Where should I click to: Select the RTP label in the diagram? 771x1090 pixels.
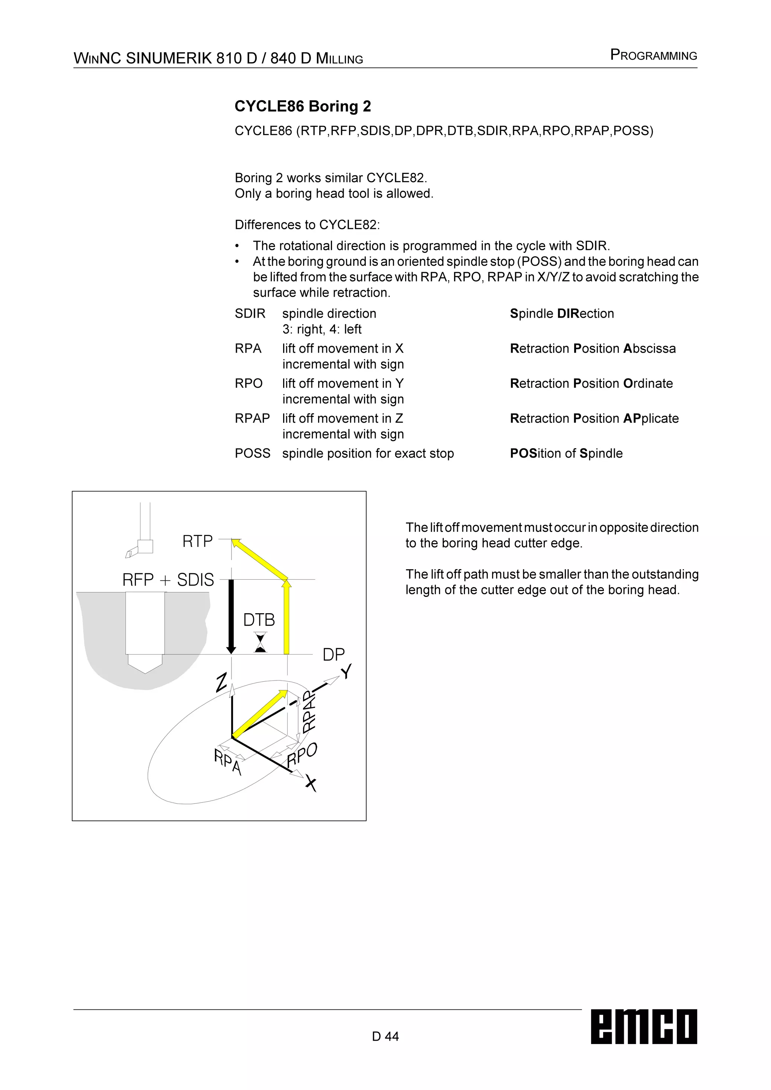198,541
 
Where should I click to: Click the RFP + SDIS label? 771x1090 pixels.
168,580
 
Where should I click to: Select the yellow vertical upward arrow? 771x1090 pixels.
286,617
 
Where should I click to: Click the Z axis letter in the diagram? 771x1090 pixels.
221,683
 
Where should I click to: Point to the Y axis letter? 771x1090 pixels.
347,672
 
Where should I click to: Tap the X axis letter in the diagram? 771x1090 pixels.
311,783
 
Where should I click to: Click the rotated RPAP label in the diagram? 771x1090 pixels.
309,711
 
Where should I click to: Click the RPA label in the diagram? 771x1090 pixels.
228,762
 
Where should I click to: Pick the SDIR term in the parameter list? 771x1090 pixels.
250,314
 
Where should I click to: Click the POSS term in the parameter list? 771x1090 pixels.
252,454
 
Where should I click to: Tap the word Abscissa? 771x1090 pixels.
649,349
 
